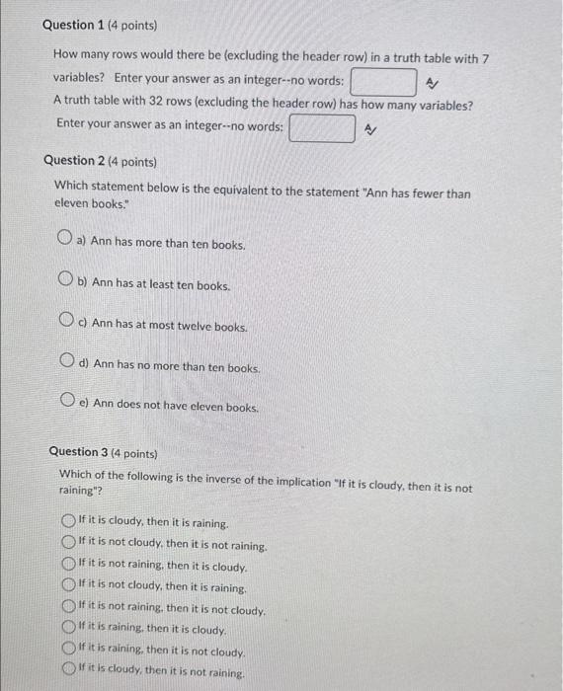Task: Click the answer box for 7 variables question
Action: (x=382, y=81)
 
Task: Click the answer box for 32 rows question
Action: (x=322, y=128)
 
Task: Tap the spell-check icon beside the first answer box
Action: (x=432, y=84)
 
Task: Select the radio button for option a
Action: (x=64, y=241)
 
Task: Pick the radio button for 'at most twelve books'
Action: (x=66, y=323)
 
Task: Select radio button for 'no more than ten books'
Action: (x=67, y=364)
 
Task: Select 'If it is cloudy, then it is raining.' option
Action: (x=68, y=522)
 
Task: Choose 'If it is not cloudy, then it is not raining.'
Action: (x=68, y=543)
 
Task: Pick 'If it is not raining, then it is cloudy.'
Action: (x=68, y=566)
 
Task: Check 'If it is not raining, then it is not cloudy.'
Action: (x=68, y=609)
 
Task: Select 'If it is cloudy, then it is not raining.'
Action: (x=68, y=673)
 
